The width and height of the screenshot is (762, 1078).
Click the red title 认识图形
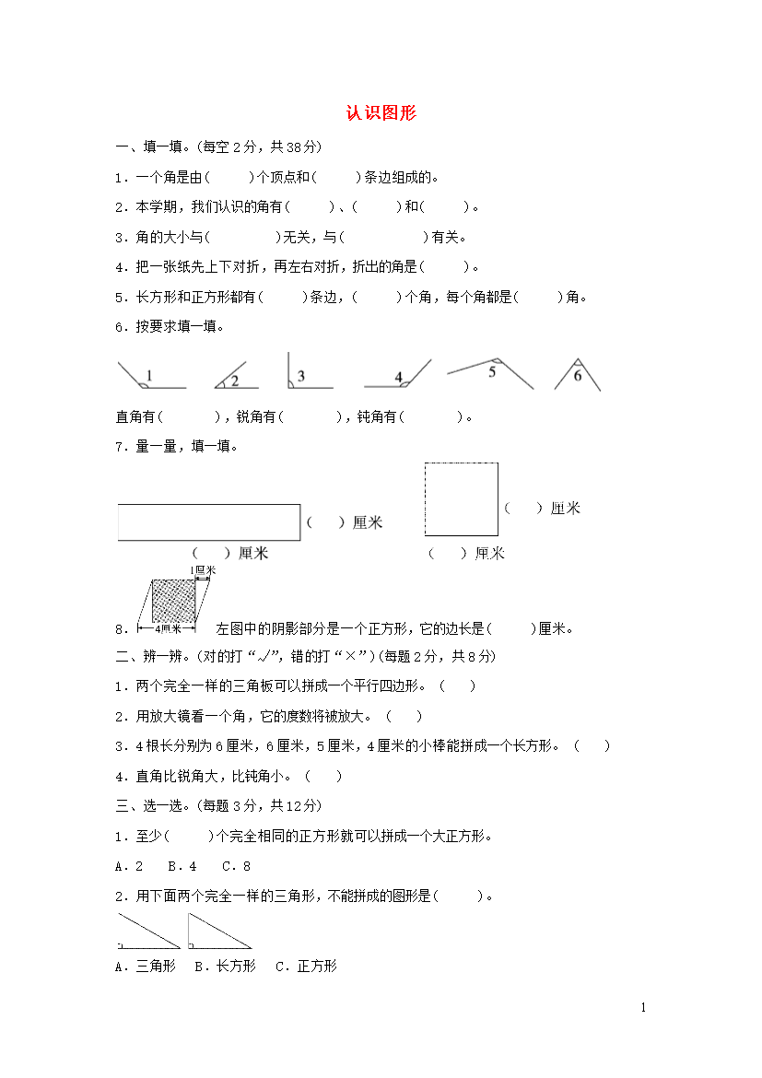coord(381,113)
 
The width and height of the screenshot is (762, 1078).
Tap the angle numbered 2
coord(231,377)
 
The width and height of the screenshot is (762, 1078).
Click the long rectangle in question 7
coord(209,521)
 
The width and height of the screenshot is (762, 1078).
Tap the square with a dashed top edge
coord(461,498)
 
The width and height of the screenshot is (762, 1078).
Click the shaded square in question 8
coord(173,602)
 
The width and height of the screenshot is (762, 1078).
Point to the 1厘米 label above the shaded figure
coord(203,571)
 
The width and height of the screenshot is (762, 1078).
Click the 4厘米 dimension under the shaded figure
coord(167,629)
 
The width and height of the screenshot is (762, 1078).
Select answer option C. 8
coord(236,866)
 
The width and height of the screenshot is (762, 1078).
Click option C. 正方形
coord(307,966)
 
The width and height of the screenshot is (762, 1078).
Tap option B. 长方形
coord(226,966)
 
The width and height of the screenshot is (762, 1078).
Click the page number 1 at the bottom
coord(643,1007)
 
